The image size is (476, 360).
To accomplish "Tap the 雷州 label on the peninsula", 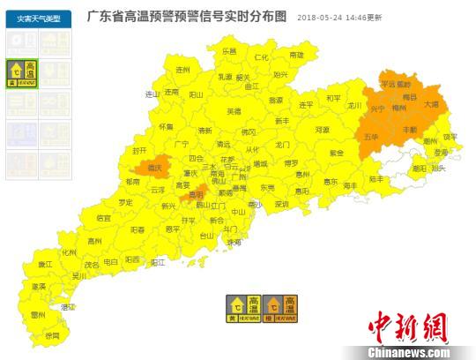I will click(37, 314).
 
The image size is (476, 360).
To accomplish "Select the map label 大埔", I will click(431, 104).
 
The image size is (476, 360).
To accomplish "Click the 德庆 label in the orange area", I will click(155, 167).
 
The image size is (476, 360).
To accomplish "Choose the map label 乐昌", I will click(229, 52).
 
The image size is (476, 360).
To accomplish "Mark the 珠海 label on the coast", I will click(233, 241).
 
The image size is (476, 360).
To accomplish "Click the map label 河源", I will click(322, 130).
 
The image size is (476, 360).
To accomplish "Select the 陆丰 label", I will click(377, 178).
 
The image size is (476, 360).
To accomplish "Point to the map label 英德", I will click(234, 111).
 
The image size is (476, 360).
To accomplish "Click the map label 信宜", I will click(104, 217).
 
